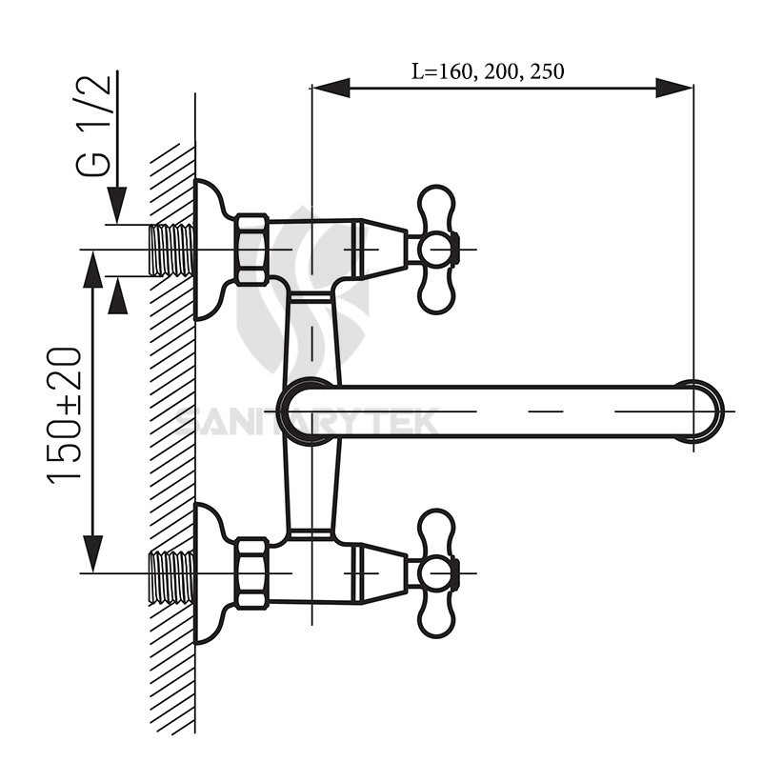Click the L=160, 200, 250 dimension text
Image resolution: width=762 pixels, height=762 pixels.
click(488, 70)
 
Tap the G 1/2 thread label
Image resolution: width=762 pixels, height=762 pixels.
click(95, 124)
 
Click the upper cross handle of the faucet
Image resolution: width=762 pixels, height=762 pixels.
click(435, 250)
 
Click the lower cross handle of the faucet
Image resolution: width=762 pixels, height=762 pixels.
click(435, 572)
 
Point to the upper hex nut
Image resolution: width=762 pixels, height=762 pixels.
click(252, 250)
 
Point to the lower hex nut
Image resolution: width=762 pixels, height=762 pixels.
click(252, 572)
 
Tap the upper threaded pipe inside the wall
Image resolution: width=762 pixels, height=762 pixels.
click(172, 250)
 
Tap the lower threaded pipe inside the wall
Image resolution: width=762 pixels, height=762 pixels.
click(172, 574)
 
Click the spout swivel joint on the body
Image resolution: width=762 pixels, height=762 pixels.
click(307, 411)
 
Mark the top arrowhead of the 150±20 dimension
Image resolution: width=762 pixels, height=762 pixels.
click(92, 270)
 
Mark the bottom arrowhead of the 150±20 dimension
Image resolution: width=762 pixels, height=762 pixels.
click(92, 552)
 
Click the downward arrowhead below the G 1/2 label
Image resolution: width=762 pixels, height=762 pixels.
click(116, 206)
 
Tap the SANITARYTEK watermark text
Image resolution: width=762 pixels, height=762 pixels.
click(305, 420)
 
